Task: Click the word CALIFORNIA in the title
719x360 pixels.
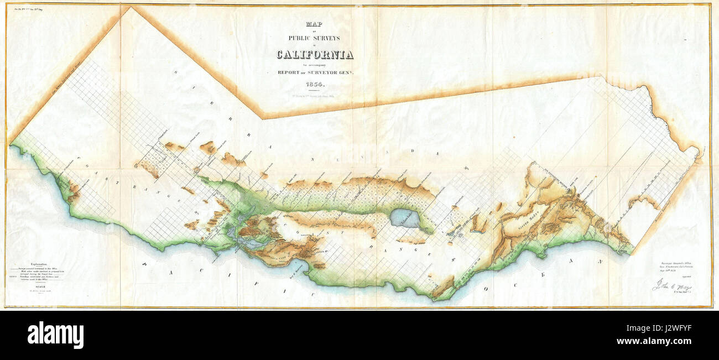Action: [x=315, y=55]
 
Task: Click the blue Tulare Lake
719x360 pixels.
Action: [x=405, y=218]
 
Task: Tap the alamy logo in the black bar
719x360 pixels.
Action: [x=55, y=335]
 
